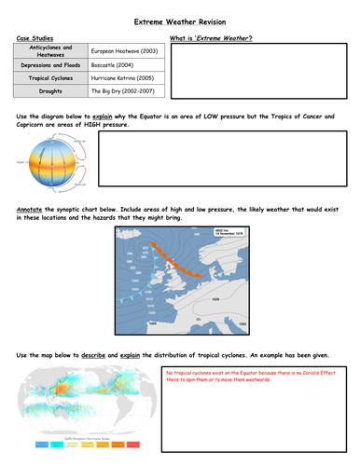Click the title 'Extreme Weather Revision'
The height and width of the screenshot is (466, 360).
[179, 21]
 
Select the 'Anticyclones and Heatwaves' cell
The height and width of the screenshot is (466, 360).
[52, 51]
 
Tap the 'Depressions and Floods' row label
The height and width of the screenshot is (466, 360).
[52, 65]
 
